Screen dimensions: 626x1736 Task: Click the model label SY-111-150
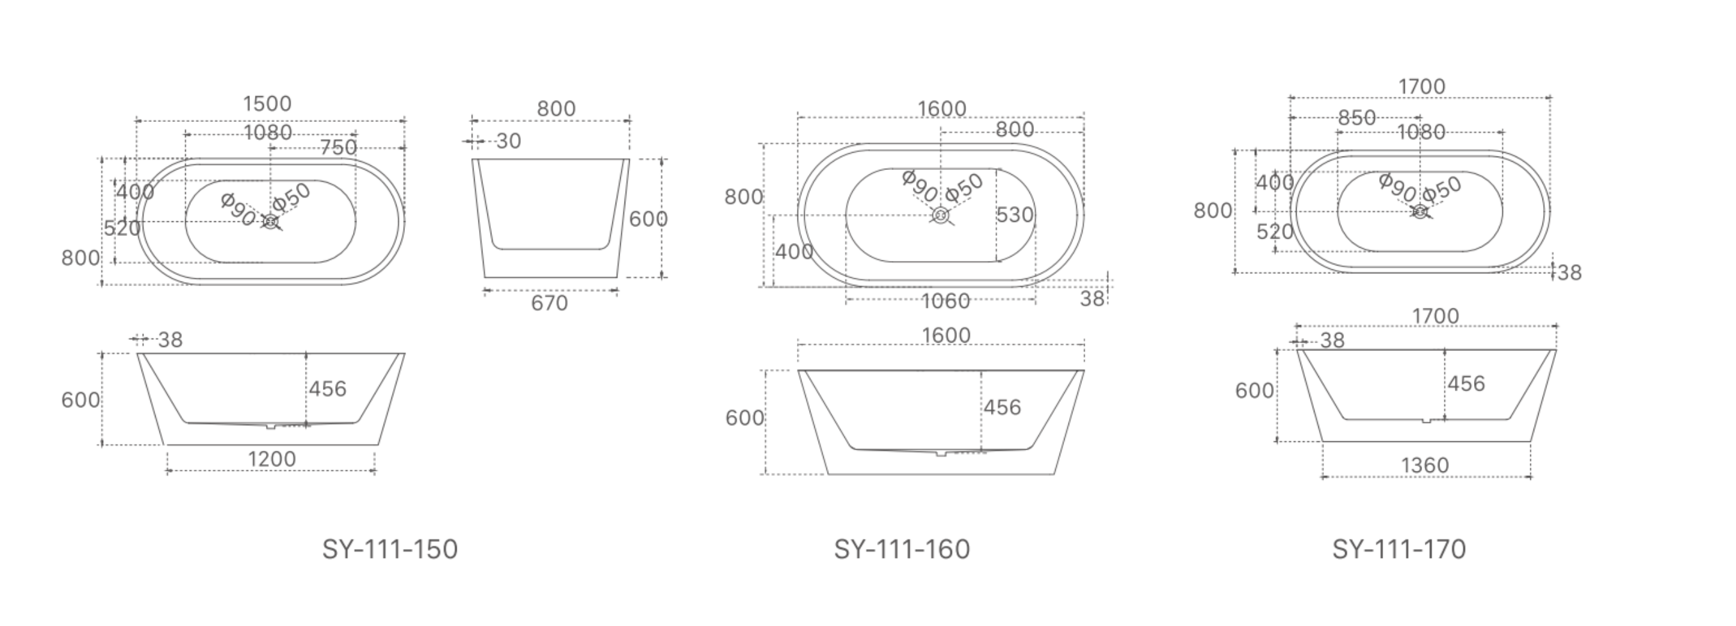[x=389, y=549]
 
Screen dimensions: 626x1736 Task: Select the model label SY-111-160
[x=902, y=549]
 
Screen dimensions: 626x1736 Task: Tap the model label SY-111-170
[x=1399, y=549]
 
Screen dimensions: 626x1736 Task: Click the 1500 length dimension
[x=267, y=104]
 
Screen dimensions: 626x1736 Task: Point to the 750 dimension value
[x=338, y=148]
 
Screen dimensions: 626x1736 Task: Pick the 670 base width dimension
[x=549, y=303]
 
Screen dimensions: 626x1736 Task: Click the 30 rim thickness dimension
[x=508, y=141]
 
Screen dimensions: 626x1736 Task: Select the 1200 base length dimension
[x=272, y=459]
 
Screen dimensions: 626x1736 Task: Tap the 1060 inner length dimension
[x=946, y=301]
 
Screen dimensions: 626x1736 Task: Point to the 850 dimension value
[x=1357, y=118]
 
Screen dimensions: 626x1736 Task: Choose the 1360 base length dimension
[x=1425, y=466]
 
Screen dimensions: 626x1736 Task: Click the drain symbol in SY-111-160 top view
[x=941, y=216]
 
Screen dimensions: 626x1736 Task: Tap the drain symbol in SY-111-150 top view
[x=271, y=221]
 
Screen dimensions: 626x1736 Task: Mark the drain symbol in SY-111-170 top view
[x=1420, y=212]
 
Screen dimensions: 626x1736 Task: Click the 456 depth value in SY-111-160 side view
[x=1002, y=407]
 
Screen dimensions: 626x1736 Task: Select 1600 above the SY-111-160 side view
[x=946, y=335]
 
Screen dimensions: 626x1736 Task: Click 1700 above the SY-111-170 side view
[x=1435, y=316]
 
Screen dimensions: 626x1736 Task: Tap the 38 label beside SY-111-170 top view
[x=1569, y=273]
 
